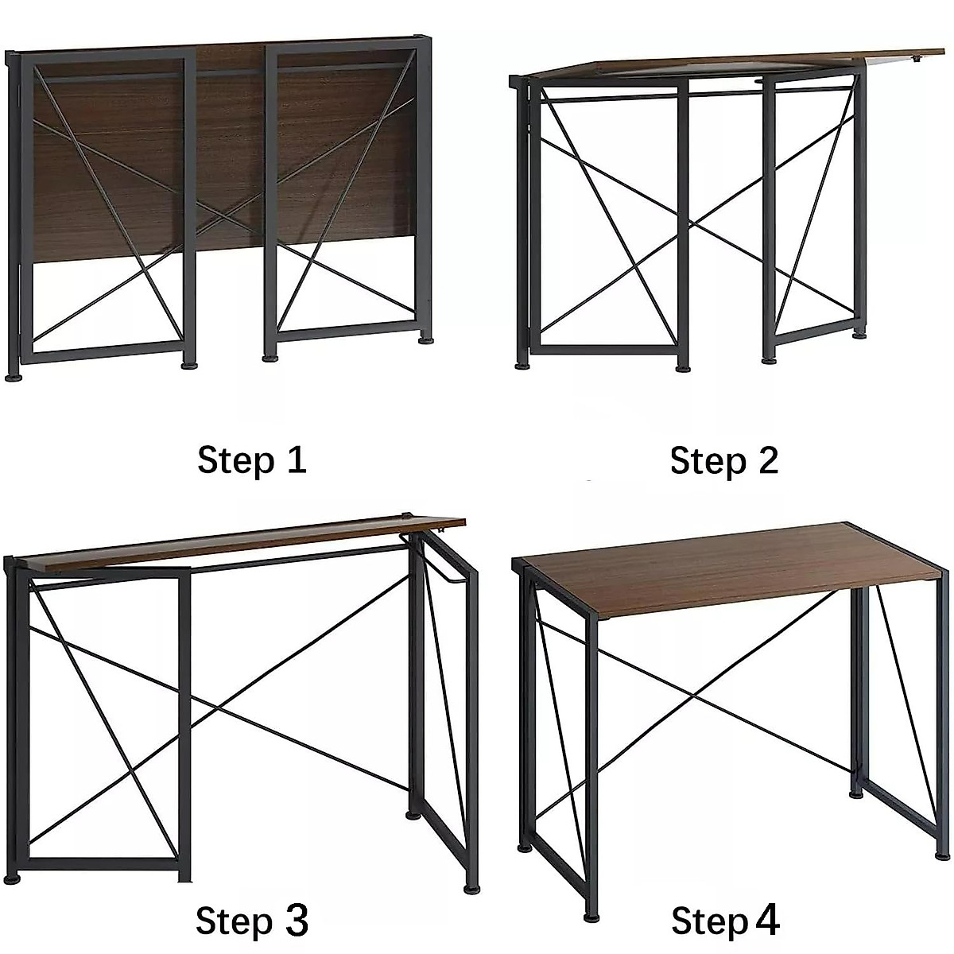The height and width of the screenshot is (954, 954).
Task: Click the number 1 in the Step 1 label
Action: point(296,460)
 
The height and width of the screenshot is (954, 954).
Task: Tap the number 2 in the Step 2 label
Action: point(767,460)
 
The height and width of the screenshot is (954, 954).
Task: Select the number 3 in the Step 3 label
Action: point(295,921)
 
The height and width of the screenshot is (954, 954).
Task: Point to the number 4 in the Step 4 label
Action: point(766,920)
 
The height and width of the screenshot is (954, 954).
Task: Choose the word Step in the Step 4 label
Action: point(709,922)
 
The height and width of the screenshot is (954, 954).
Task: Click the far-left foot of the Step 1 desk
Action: point(14,375)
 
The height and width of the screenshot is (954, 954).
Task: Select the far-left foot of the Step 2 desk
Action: point(522,365)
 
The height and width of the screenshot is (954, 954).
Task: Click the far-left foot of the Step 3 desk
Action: point(11,878)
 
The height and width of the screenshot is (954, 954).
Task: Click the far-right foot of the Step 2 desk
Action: point(859,334)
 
